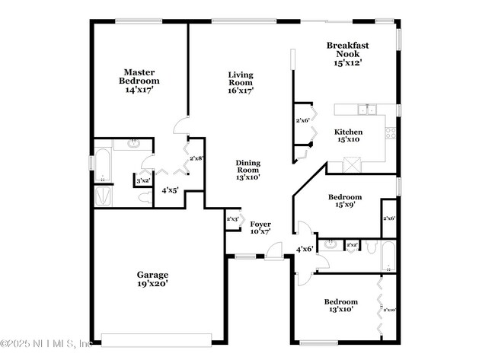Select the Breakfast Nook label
(x=347, y=54)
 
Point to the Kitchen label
(x=349, y=135)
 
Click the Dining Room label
(x=248, y=170)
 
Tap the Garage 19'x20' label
(x=152, y=279)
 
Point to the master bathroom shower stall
(x=103, y=196)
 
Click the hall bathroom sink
(x=330, y=244)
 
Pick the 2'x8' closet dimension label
(x=196, y=158)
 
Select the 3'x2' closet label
(x=142, y=180)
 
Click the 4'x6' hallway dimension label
(x=305, y=248)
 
